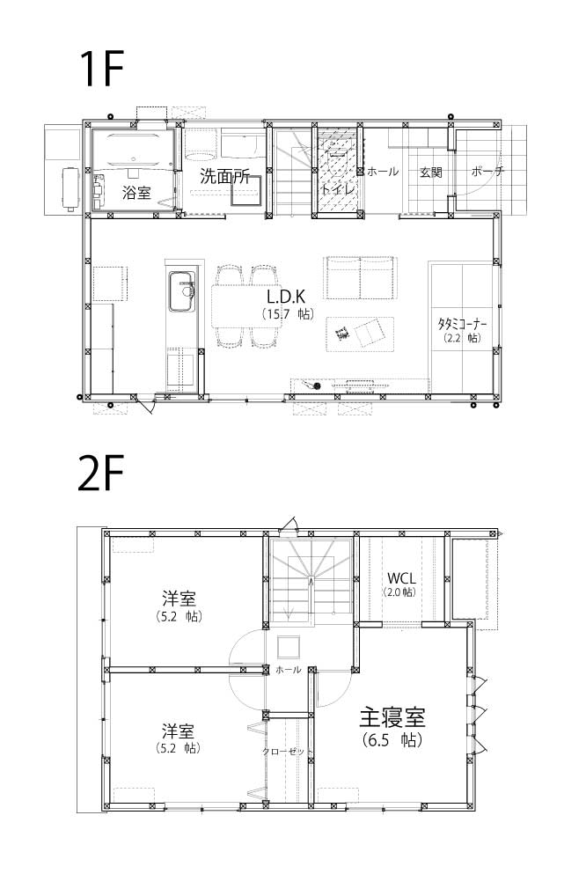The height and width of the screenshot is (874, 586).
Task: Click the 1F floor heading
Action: point(101,69)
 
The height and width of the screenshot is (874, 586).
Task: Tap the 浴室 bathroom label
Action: point(136,193)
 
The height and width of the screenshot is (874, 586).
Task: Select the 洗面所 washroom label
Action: point(224,177)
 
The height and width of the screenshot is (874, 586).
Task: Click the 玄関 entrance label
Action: point(430,173)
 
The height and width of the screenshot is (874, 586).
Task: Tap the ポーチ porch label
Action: point(487,172)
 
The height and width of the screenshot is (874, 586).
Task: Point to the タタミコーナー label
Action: point(462,323)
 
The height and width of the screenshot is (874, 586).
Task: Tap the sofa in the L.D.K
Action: point(361,277)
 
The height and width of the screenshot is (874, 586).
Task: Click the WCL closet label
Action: point(401,577)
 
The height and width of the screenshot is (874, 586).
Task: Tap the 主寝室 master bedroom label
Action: point(392,717)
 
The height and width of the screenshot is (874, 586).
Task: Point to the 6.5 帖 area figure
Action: point(392,740)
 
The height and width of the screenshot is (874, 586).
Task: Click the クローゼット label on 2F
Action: point(287,752)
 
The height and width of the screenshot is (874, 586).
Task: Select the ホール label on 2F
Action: point(288,670)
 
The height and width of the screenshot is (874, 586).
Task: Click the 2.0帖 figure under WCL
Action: point(399,592)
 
